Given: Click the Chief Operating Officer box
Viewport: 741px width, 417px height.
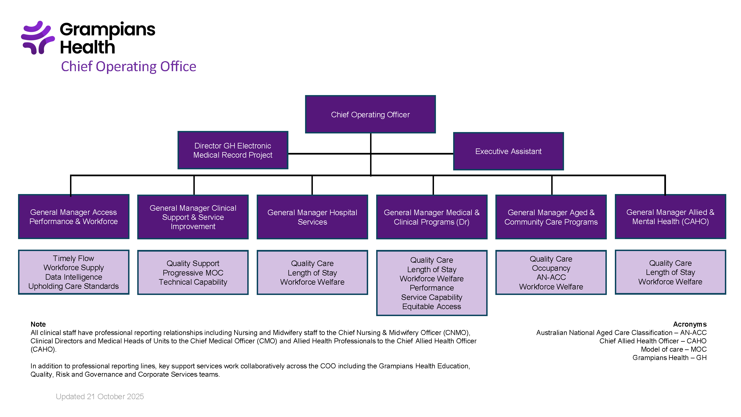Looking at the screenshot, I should tap(370, 115).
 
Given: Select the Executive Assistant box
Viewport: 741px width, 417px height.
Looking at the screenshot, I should tap(508, 152).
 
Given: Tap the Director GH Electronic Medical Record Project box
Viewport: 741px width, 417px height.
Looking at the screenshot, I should tap(233, 150).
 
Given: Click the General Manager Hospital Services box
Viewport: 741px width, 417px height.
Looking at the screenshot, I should tap(312, 217).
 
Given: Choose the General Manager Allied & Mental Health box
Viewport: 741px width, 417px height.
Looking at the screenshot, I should tap(670, 217).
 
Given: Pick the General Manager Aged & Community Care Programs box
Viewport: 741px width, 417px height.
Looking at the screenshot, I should tap(551, 217).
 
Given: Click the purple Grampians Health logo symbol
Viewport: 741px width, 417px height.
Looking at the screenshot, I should tap(38, 38).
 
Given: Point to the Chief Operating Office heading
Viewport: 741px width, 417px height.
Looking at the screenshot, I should tap(128, 66).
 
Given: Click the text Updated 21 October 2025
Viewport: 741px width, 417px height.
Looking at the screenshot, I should tap(99, 397).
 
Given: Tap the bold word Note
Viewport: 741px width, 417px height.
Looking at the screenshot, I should tap(38, 324).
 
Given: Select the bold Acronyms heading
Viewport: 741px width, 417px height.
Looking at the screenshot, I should tap(690, 324).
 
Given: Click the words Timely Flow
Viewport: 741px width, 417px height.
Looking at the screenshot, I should tap(73, 259).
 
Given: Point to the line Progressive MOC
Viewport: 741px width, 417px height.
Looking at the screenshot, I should tap(193, 273).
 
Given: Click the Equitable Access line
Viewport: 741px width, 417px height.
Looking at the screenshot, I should tap(431, 306).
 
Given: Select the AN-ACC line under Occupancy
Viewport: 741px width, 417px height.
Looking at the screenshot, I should tap(551, 277).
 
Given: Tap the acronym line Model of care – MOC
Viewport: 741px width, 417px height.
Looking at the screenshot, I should tap(673, 349).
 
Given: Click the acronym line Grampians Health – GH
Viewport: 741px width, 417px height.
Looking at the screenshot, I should tap(669, 358).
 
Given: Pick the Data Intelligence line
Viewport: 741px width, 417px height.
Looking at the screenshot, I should tap(73, 277).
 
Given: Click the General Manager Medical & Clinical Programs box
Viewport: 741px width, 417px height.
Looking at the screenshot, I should tap(431, 217).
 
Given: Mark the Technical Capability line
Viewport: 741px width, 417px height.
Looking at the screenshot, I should tap(193, 282).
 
